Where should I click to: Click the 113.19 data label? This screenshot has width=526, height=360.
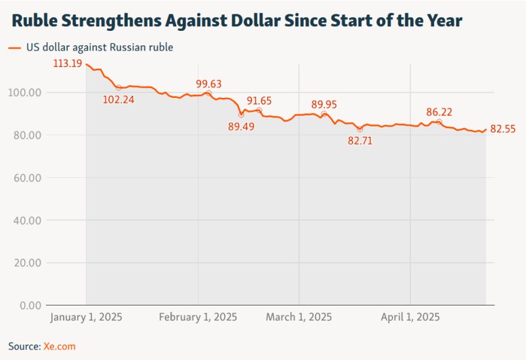click(68, 64)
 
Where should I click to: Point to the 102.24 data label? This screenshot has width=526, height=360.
click(119, 100)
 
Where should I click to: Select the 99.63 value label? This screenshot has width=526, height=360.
click(209, 83)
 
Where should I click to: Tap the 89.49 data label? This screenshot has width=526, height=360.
click(241, 127)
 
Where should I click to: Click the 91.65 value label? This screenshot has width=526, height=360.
click(259, 101)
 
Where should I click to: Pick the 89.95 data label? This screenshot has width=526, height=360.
click(324, 104)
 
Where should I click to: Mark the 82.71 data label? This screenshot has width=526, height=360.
click(360, 140)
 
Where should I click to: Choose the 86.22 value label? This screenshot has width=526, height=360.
click(439, 112)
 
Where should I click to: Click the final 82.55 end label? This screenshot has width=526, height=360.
click(502, 129)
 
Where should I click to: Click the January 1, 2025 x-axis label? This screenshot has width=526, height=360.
click(86, 317)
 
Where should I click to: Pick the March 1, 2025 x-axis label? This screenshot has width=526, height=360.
click(299, 317)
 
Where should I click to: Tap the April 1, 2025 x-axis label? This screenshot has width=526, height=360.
click(410, 317)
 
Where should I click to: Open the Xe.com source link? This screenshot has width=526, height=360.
click(60, 346)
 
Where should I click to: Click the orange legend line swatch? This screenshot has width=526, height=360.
click(14, 47)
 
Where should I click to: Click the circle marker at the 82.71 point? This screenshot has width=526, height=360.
click(360, 129)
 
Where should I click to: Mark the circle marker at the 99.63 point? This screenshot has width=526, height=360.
click(208, 93)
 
